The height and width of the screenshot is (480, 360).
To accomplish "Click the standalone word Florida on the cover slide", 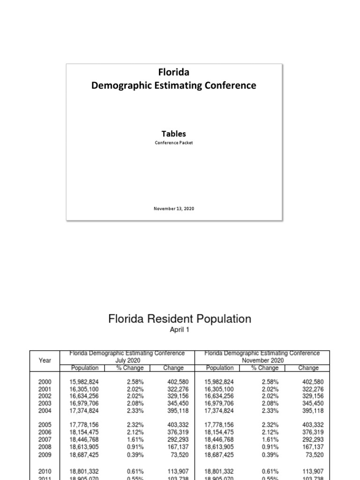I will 173,72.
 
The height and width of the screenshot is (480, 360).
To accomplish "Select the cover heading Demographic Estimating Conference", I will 173,85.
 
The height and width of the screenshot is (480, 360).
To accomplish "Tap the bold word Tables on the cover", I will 174,134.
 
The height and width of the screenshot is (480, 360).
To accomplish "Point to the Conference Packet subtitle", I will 174,143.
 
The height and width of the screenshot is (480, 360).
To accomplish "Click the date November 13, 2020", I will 174,209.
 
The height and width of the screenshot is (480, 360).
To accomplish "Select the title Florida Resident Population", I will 180,319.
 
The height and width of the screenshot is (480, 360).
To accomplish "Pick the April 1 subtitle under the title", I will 180,330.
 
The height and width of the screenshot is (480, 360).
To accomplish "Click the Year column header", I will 45,360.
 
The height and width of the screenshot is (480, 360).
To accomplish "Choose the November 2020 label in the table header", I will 262,360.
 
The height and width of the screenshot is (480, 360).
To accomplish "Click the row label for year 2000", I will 45,382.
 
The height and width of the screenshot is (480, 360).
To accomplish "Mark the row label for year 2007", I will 45,440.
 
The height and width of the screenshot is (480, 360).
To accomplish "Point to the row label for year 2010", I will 45,471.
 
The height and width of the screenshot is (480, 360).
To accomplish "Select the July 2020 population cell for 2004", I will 84,411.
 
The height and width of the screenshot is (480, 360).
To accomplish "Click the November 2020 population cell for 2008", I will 219,447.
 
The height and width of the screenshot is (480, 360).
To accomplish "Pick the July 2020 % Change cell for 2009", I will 135,454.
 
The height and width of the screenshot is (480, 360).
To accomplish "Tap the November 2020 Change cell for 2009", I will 314,454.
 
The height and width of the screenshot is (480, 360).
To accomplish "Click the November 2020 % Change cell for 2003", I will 270,404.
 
